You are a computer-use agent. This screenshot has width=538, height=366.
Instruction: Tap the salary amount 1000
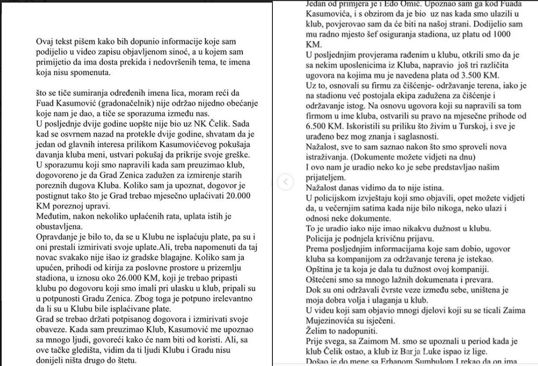point(499,35)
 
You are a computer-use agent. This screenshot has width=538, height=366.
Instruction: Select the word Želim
point(317,330)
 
